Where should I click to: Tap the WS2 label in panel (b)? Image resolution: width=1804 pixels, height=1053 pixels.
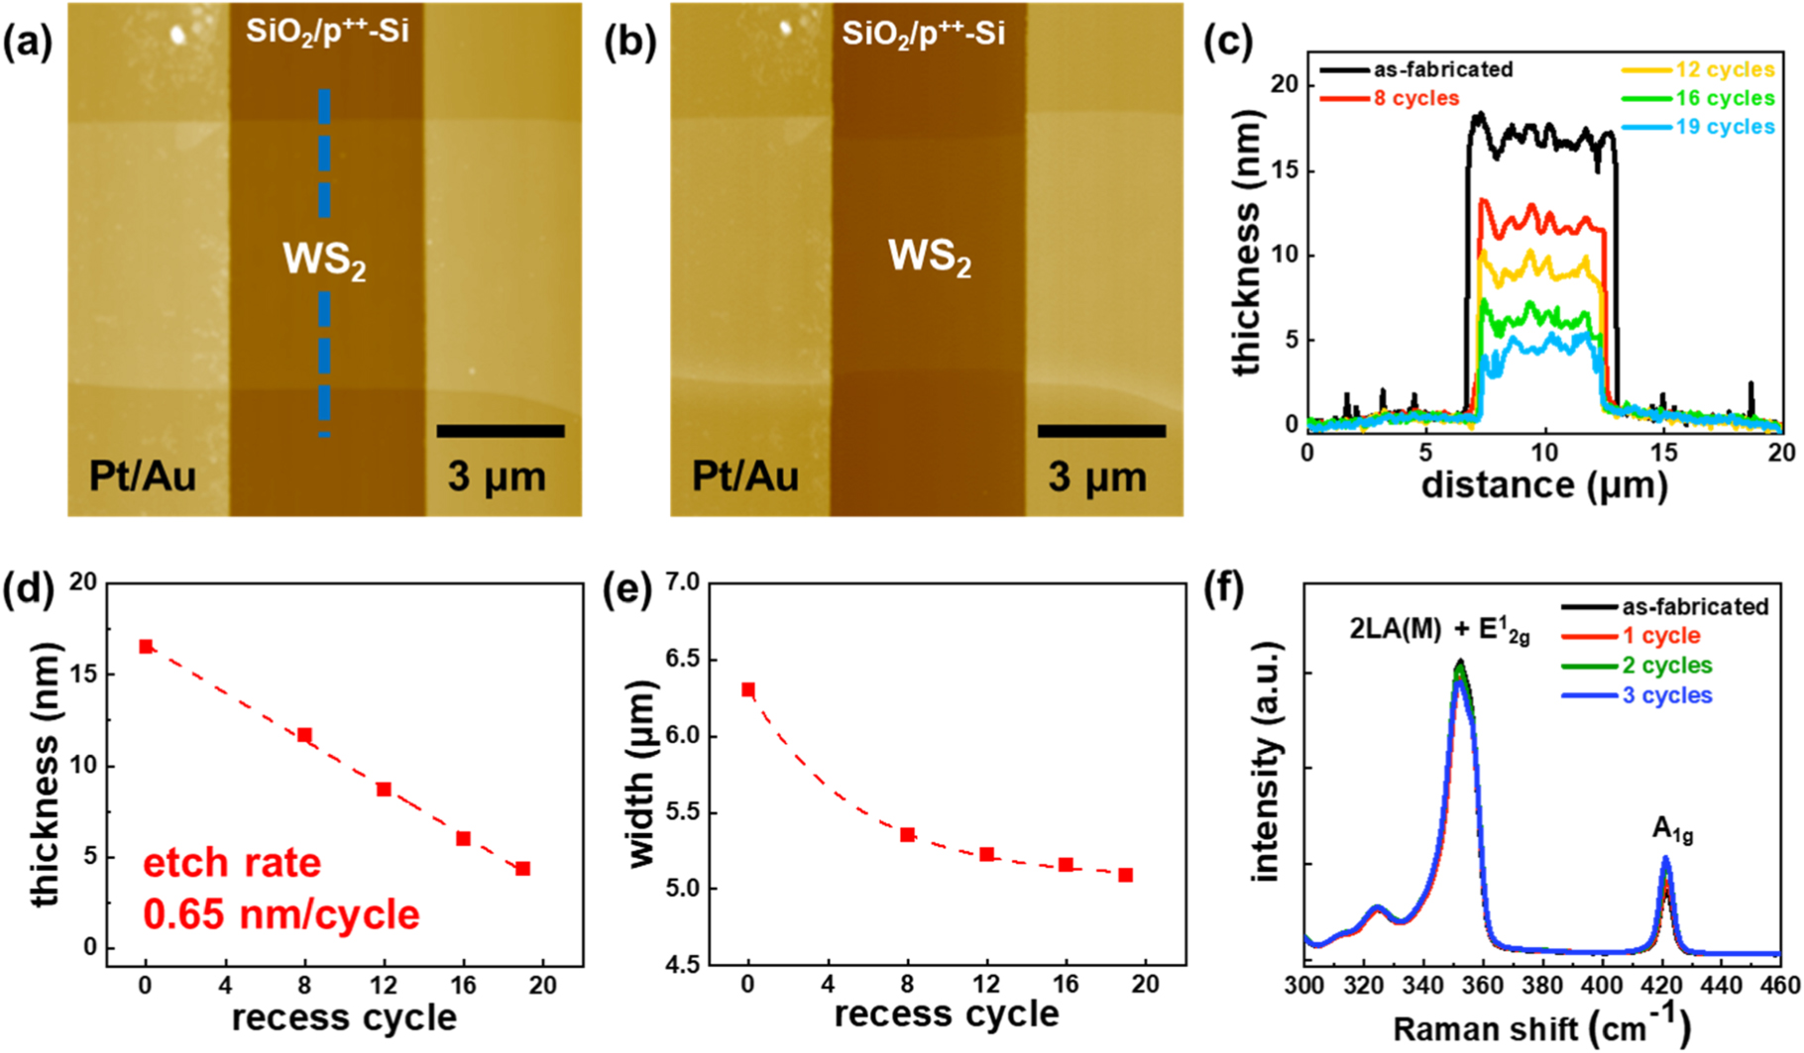point(929,258)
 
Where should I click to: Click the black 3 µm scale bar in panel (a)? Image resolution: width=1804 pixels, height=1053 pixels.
point(500,431)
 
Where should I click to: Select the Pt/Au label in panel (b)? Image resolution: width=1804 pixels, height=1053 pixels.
point(744,476)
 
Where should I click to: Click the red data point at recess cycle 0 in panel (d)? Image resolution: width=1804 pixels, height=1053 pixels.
point(146,647)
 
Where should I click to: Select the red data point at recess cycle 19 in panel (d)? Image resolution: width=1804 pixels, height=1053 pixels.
point(523,869)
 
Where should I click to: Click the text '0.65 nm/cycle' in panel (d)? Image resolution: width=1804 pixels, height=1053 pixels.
point(282,913)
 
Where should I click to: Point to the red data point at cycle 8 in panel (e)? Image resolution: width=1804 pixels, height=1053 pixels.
point(907,835)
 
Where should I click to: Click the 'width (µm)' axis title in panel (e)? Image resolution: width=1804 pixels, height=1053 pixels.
point(643,774)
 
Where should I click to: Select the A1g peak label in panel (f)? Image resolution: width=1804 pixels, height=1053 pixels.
point(1672,830)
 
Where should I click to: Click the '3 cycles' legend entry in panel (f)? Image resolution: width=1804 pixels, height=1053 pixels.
point(1666,695)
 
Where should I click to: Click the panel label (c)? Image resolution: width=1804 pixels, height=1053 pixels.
point(1228,44)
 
